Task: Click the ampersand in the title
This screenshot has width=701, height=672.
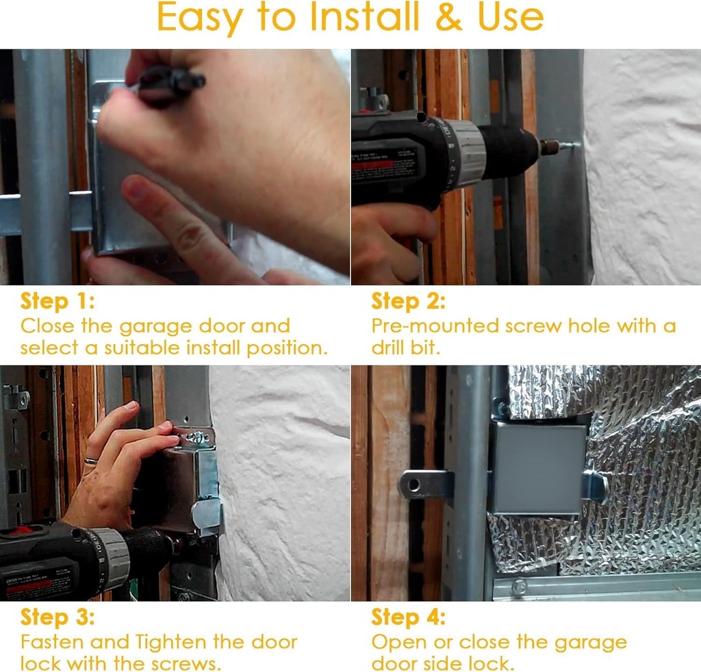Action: pyautogui.click(x=448, y=18)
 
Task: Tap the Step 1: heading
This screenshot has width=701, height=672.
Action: pyautogui.click(x=58, y=301)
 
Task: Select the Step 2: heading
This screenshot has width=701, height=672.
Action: pyautogui.click(x=408, y=301)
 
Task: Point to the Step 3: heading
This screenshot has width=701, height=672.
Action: pyautogui.click(x=58, y=617)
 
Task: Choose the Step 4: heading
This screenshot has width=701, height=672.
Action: pyautogui.click(x=408, y=617)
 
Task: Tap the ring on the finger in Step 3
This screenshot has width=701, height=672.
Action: pyautogui.click(x=91, y=462)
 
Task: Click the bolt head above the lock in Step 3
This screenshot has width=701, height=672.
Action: pyautogui.click(x=196, y=437)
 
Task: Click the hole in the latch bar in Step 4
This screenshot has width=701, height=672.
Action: pyautogui.click(x=413, y=484)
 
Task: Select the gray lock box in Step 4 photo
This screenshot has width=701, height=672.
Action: pyautogui.click(x=539, y=469)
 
